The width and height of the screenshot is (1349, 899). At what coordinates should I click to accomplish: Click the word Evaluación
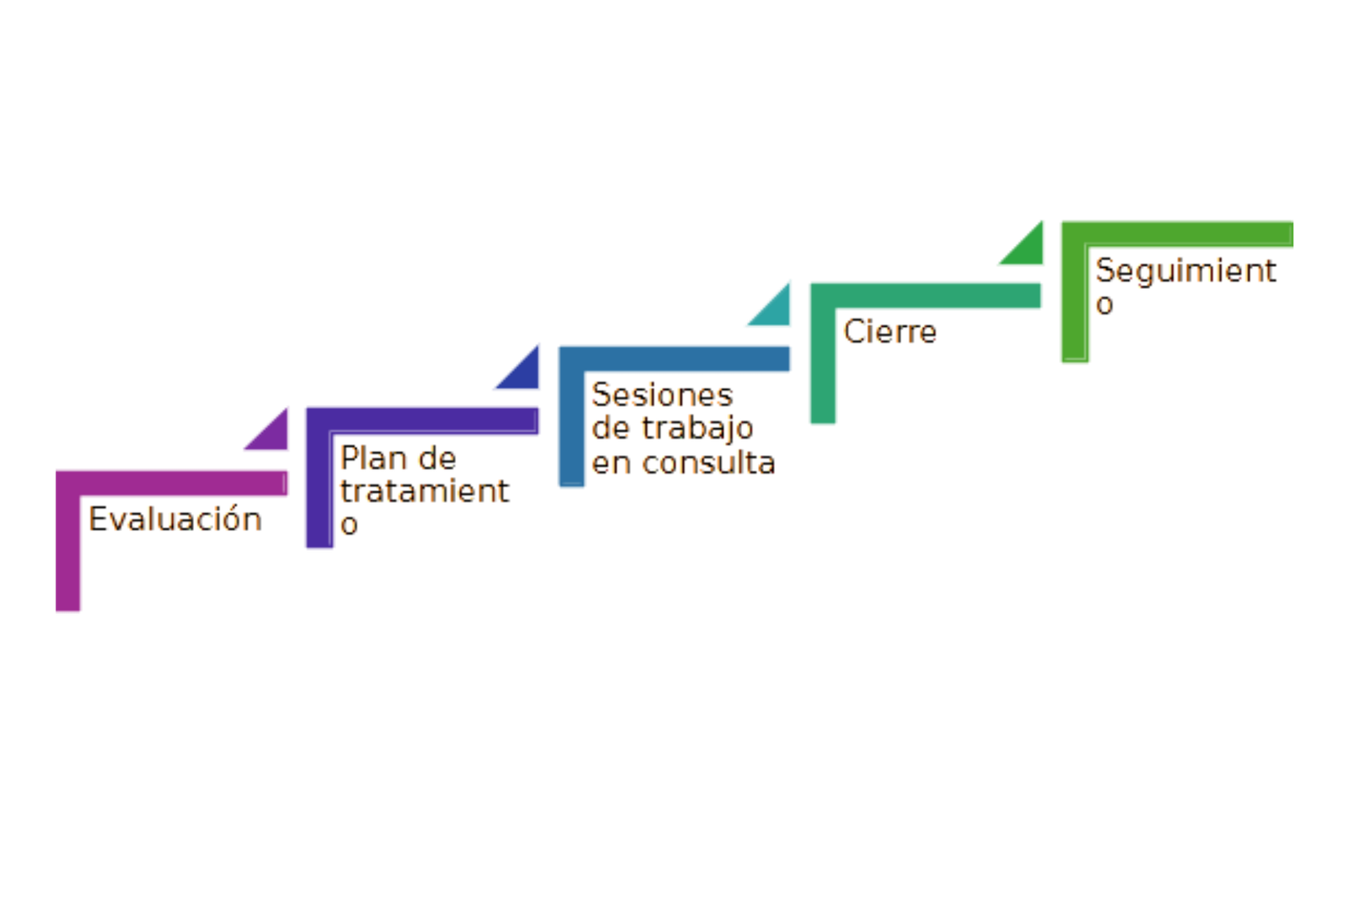(x=174, y=520)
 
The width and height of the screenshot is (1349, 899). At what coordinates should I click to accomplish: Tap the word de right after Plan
(x=435, y=459)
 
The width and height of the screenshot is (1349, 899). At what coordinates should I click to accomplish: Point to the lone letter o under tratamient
(x=346, y=525)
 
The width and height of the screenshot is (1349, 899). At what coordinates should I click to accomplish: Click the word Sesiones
(x=660, y=395)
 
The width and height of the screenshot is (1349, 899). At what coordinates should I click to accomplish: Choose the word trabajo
(x=695, y=428)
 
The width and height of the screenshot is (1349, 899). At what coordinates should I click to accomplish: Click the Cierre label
(x=889, y=332)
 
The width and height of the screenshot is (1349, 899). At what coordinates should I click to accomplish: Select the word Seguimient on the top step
(x=1181, y=270)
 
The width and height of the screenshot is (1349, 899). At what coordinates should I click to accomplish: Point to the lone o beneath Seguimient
(x=1101, y=304)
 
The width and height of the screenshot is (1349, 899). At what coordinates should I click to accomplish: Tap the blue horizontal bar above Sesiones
(x=674, y=358)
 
